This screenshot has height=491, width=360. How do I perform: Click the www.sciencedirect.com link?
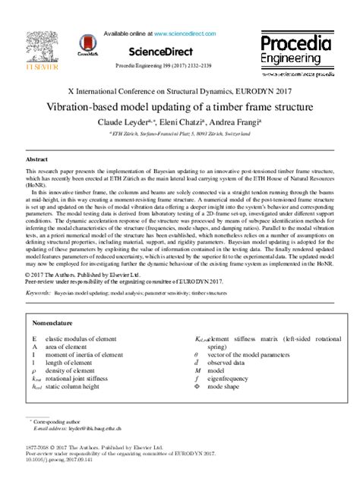tap(183, 33)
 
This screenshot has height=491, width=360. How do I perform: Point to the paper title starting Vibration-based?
tap(180, 108)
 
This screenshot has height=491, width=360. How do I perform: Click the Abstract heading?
tap(37, 160)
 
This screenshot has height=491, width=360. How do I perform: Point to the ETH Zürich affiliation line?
tap(180, 133)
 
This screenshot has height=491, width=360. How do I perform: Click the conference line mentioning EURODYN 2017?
tap(180, 90)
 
